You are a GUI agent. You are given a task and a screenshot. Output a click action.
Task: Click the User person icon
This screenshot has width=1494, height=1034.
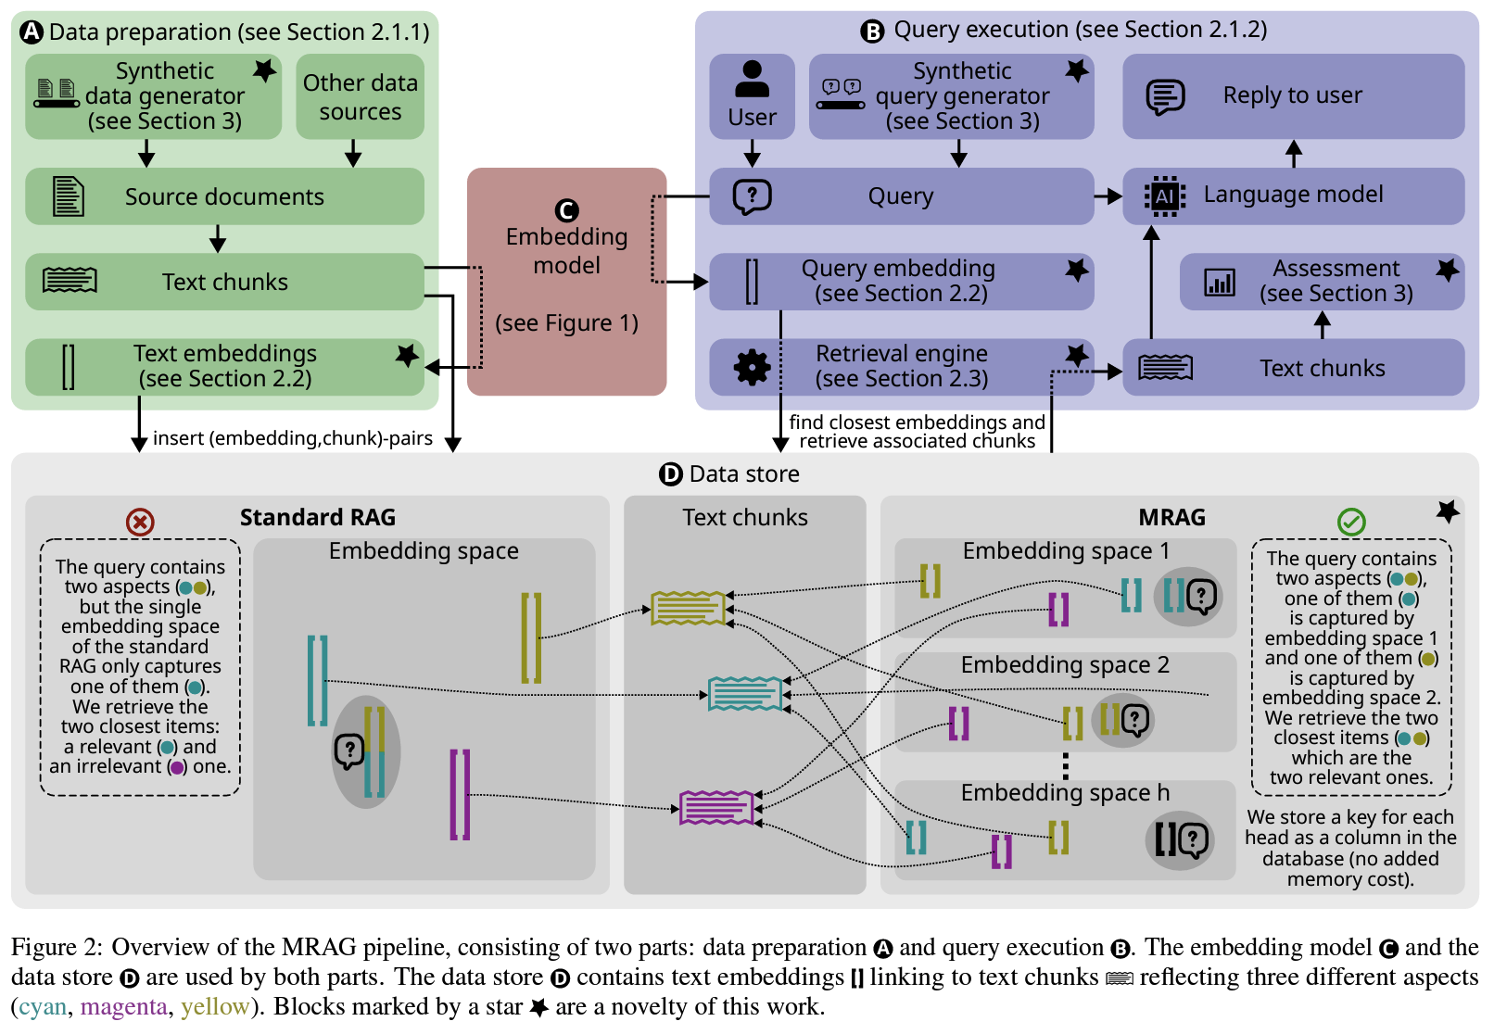point(752,80)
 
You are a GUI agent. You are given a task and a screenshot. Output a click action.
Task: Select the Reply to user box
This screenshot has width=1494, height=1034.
point(1293,96)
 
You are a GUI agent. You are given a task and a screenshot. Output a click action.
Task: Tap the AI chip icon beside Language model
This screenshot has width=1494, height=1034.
point(1164,196)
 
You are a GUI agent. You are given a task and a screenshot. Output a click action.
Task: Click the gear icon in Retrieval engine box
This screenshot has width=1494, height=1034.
point(752,368)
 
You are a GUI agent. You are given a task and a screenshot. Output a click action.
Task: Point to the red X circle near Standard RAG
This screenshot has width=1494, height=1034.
point(140,523)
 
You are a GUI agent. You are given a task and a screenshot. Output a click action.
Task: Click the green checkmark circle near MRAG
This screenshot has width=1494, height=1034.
point(1351,523)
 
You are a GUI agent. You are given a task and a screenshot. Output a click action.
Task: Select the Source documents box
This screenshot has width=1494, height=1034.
point(224,196)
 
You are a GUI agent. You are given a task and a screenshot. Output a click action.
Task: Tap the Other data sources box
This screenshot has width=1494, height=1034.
point(360,97)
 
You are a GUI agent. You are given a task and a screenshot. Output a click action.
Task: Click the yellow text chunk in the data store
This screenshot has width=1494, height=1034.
point(688,608)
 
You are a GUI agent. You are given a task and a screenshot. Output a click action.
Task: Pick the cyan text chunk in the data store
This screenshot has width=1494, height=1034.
point(744,693)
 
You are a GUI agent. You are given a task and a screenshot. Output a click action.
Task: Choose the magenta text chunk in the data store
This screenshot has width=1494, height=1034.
point(716,808)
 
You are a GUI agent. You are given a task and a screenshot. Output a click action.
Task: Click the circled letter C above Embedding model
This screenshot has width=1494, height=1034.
point(566,211)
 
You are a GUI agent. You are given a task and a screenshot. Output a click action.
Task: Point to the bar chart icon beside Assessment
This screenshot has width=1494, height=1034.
point(1219,282)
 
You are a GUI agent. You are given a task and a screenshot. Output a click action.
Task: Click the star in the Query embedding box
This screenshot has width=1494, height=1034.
point(1076,270)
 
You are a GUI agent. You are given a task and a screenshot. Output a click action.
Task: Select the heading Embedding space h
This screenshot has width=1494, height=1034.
point(1065,793)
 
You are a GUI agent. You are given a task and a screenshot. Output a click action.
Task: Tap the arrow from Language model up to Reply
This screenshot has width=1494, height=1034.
point(1294,154)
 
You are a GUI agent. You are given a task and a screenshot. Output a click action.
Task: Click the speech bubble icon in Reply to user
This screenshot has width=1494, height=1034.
point(1165,96)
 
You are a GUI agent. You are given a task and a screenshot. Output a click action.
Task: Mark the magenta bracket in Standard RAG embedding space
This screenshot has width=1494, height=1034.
point(460,795)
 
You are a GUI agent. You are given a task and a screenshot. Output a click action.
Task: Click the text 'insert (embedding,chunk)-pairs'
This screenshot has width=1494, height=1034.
point(293,438)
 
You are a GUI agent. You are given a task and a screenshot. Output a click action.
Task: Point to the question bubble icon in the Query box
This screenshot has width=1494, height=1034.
point(752,196)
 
